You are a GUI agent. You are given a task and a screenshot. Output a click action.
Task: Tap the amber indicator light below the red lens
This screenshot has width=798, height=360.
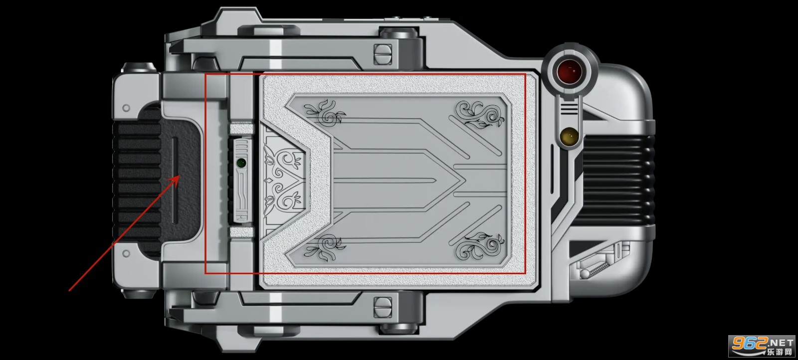point(569,137)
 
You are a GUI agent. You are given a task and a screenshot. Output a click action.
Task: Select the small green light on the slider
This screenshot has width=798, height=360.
point(241,163)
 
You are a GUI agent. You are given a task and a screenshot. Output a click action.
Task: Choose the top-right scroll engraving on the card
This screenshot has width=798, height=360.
point(480,114)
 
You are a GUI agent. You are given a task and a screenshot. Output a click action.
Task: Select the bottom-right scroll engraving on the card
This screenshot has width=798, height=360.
point(480,246)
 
